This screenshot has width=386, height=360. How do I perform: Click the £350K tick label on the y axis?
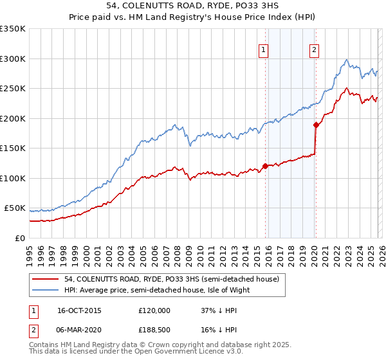(13, 29)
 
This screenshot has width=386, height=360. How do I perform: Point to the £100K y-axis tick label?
(13, 178)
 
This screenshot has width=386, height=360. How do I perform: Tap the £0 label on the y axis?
(21, 238)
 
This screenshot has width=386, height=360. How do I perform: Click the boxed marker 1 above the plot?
(264, 51)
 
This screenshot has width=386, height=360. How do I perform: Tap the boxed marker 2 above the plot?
(315, 51)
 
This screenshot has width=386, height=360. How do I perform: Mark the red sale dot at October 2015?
(265, 166)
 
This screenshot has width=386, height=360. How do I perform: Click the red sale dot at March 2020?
(315, 125)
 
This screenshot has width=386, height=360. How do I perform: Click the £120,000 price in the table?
(154, 310)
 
